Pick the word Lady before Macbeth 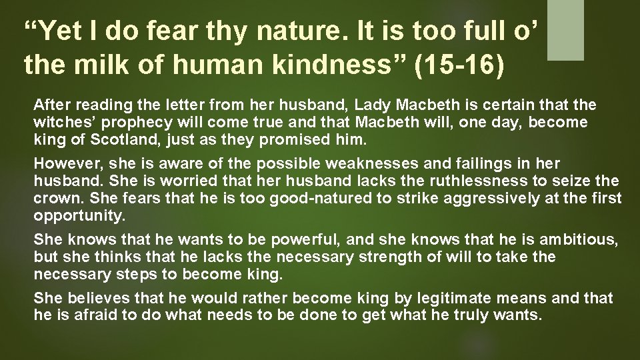click(x=371, y=105)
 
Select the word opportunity click(x=71, y=216)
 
